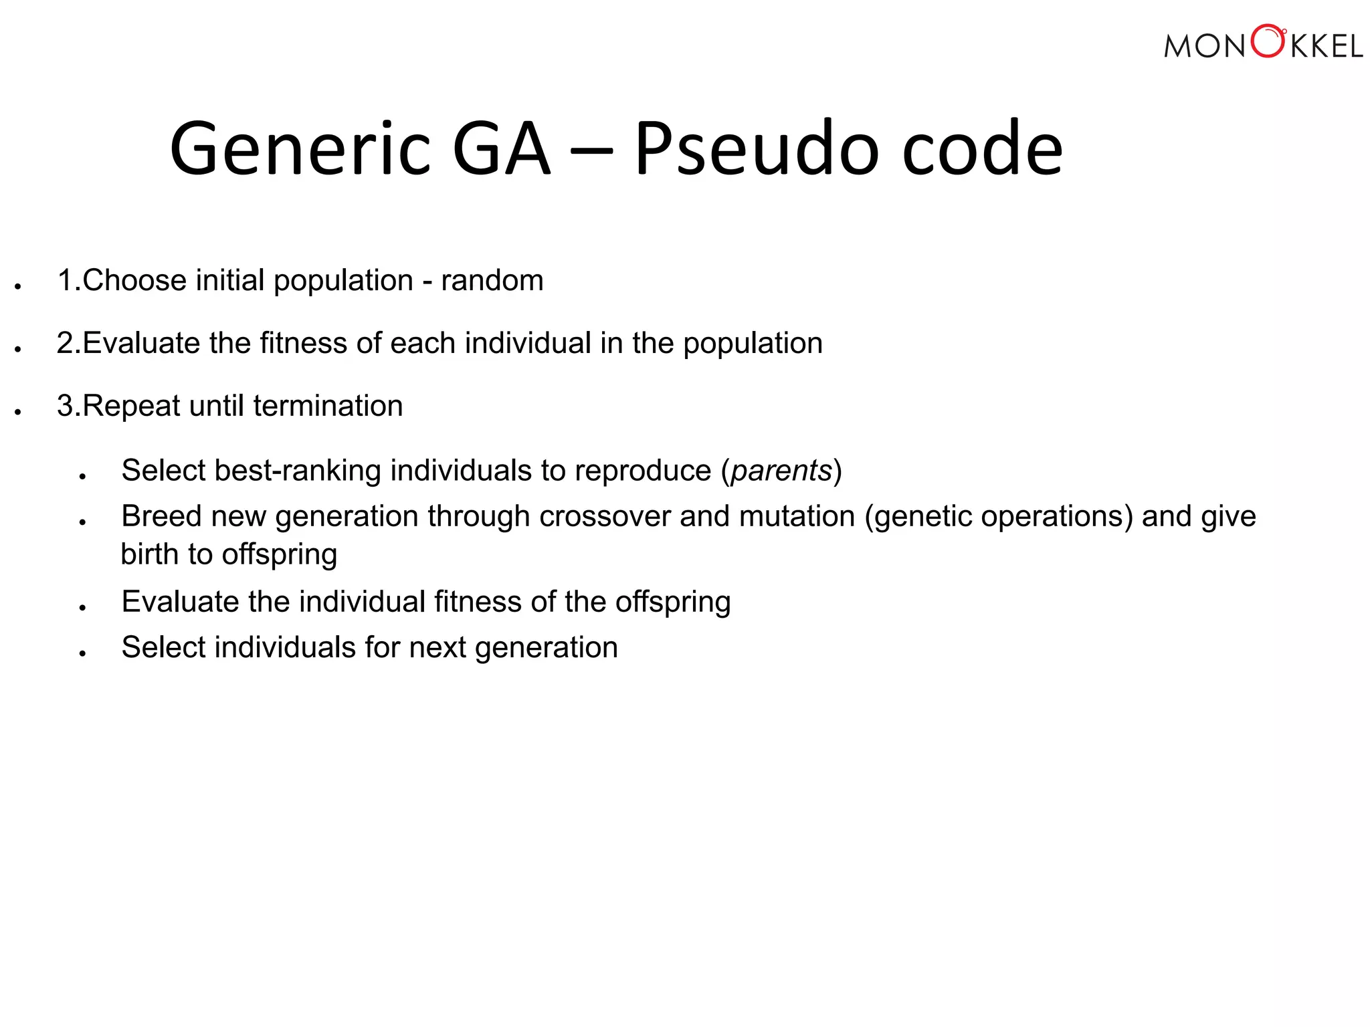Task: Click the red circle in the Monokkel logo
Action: click(1268, 41)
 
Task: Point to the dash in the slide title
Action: click(591, 151)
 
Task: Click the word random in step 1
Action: click(492, 280)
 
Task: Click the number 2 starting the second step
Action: click(65, 343)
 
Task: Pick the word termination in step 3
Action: click(328, 406)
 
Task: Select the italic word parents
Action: click(781, 471)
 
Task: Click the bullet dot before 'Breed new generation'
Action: click(82, 522)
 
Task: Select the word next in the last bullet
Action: click(437, 647)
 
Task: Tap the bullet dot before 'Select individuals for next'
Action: click(82, 653)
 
